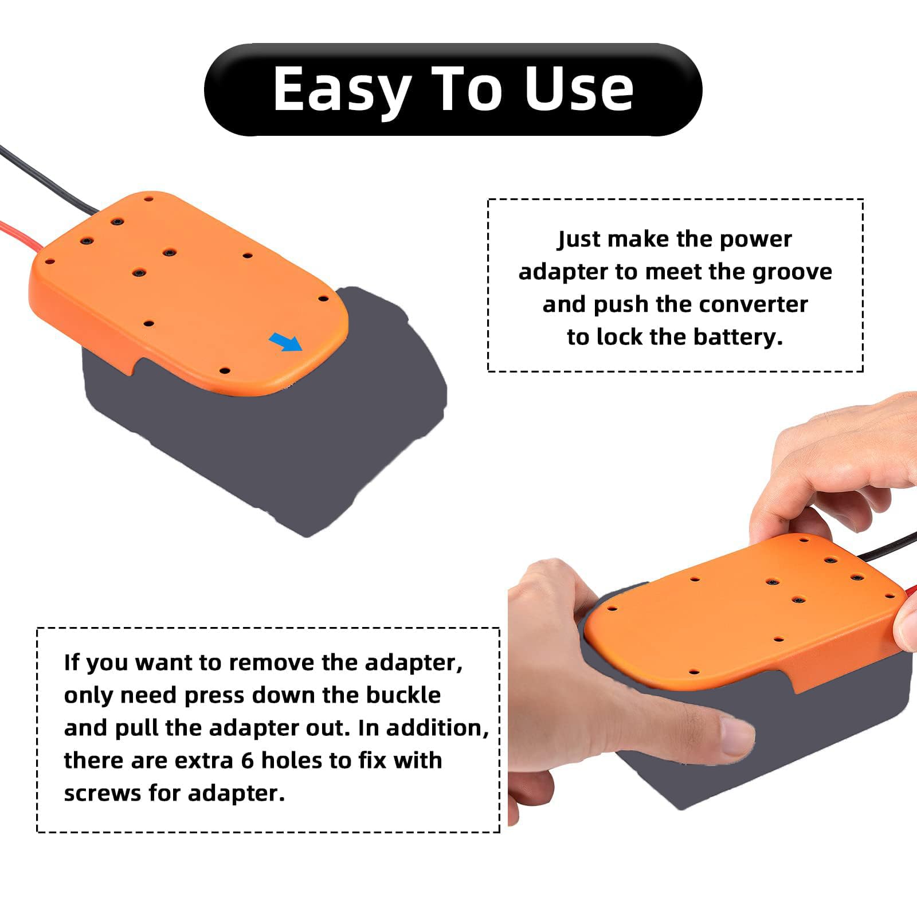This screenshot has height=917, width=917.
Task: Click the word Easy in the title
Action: tap(342, 89)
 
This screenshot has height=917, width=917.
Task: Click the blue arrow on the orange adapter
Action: tap(285, 342)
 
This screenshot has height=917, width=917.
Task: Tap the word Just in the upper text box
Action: tap(579, 239)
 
